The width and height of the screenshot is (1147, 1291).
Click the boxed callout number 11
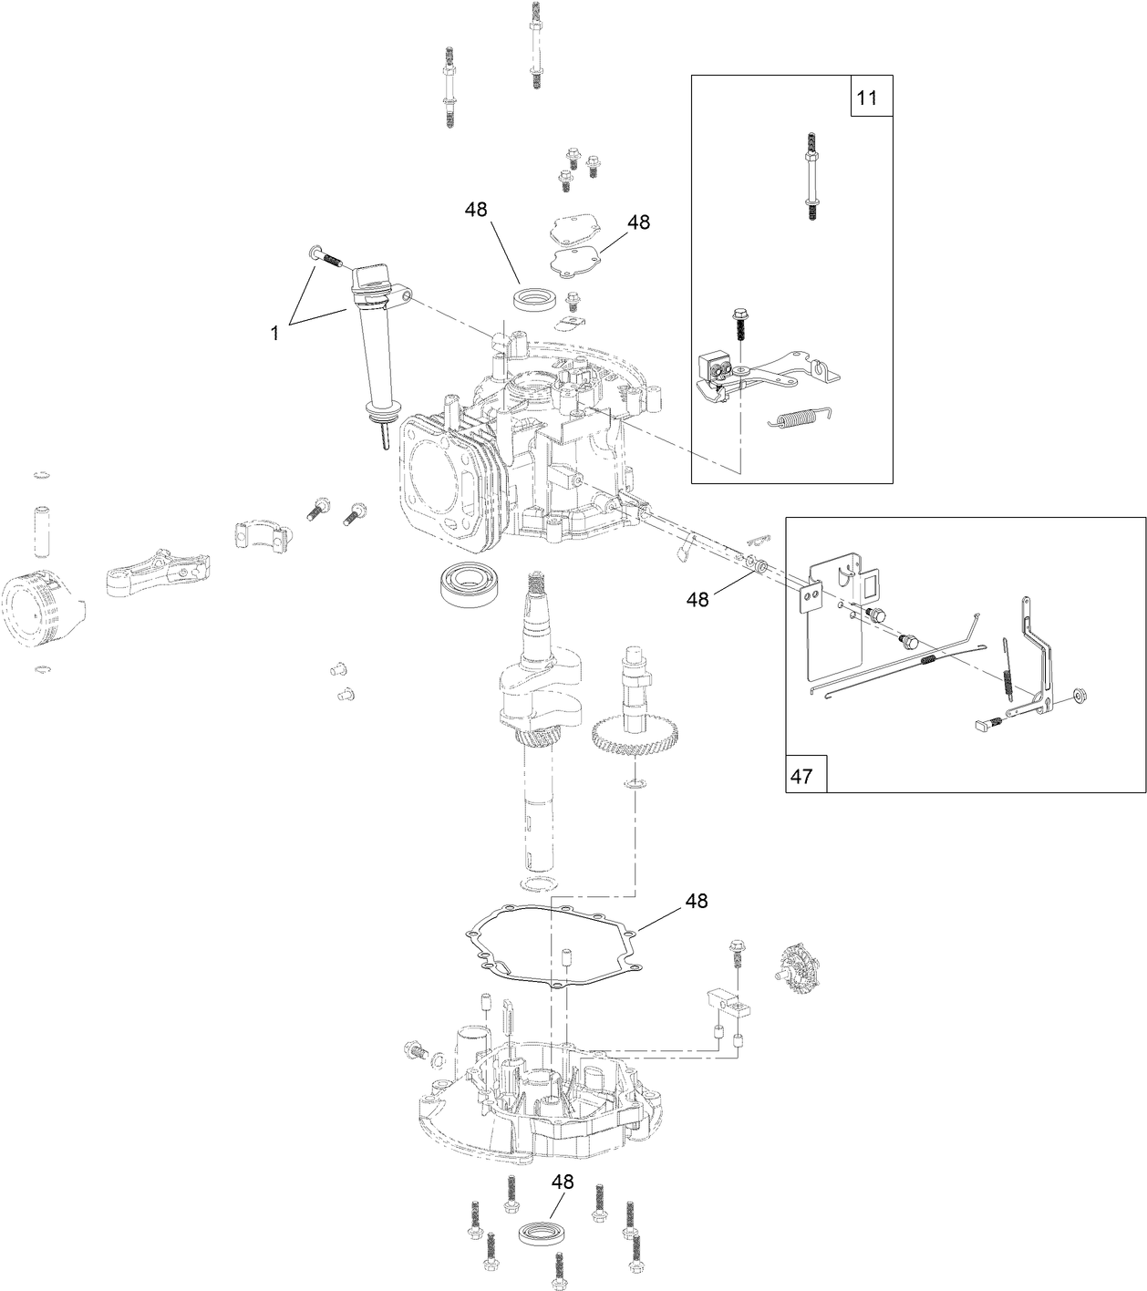pos(867,98)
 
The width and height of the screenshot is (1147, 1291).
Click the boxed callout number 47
pos(801,776)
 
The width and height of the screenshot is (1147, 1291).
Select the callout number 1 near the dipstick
pos(274,334)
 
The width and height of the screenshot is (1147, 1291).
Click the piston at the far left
pos(41,607)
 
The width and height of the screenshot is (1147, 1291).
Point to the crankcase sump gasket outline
pos(547,948)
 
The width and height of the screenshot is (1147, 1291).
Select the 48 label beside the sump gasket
pos(696,901)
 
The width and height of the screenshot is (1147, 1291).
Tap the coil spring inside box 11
pos(800,417)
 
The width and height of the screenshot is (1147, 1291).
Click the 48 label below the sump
pos(563,1182)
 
